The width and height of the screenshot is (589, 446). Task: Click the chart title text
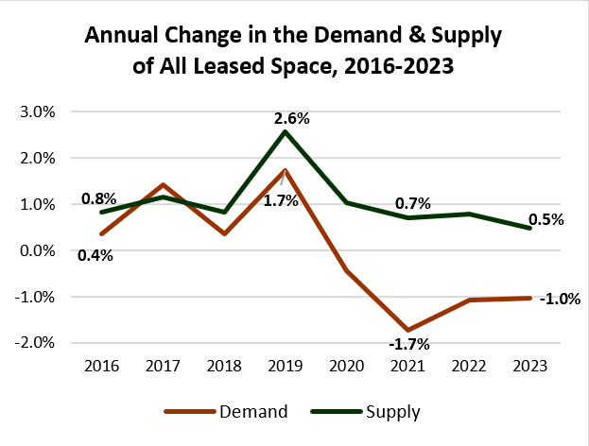294,51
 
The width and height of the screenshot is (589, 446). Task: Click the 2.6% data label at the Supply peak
291,119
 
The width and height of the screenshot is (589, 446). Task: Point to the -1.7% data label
409,344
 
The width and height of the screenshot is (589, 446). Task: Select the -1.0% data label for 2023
560,300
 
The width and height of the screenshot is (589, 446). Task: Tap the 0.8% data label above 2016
98,198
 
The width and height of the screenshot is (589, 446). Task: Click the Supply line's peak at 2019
286,131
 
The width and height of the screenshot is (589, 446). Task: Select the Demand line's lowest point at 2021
407,330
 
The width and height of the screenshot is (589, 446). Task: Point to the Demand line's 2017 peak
163,185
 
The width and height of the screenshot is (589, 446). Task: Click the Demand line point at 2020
347,270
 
